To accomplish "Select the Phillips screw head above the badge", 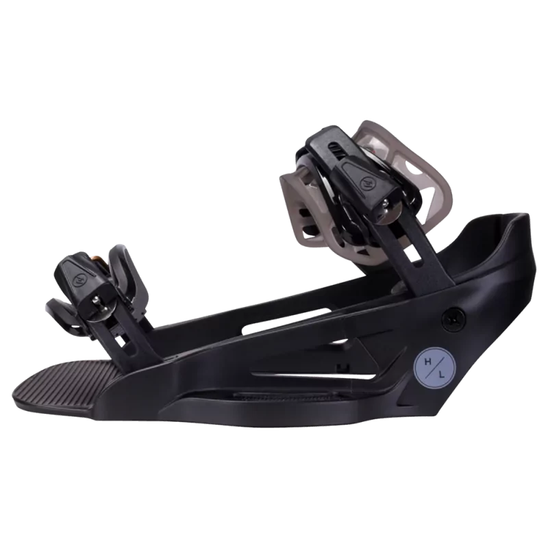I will (x=453, y=316).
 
